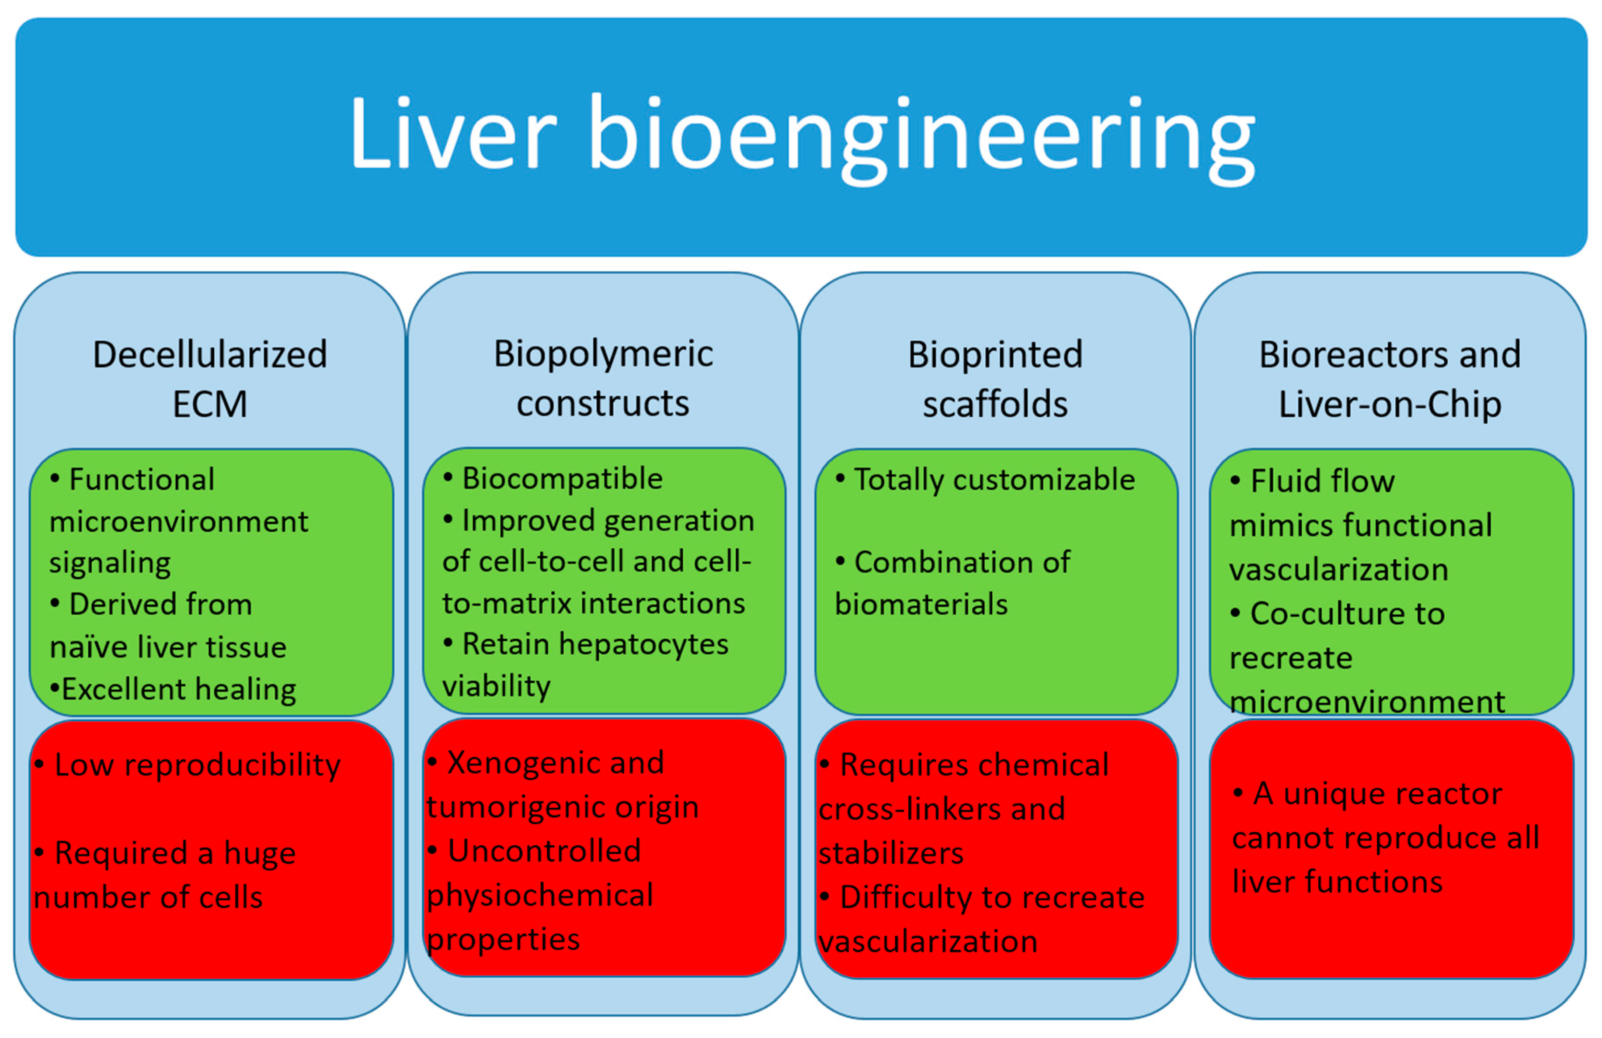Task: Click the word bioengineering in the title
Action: (922, 138)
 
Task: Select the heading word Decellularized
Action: (209, 355)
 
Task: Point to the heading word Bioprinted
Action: (995, 355)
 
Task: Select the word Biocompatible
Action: (562, 479)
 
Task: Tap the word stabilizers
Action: (890, 854)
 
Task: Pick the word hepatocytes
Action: (643, 644)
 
